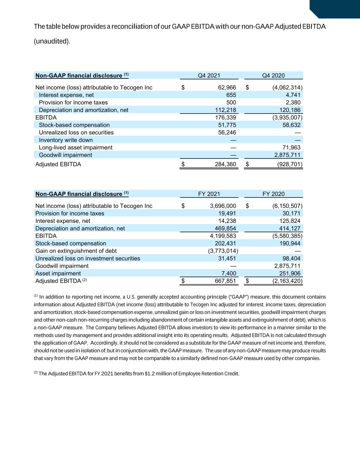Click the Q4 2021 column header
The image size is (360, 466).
click(x=209, y=75)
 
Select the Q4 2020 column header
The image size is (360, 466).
click(x=273, y=75)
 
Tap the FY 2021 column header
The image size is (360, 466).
click(x=209, y=194)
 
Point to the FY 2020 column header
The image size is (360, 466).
click(x=273, y=194)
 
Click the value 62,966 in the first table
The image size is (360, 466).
click(x=227, y=87)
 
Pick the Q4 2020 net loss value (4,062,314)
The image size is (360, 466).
click(x=287, y=87)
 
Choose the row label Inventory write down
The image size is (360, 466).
click(x=66, y=140)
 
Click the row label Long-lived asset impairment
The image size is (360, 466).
click(x=75, y=147)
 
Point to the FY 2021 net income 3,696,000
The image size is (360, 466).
click(x=223, y=206)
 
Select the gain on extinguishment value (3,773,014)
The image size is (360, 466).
click(x=223, y=251)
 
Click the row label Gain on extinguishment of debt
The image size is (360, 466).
click(x=76, y=251)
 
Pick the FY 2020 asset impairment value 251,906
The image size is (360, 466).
click(x=289, y=273)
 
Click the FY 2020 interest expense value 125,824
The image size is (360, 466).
click(x=290, y=221)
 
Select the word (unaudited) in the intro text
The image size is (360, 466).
click(x=52, y=41)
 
